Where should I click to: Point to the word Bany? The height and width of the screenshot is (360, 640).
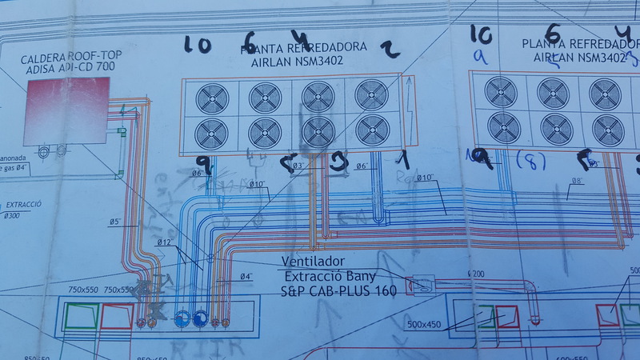coord(358,277)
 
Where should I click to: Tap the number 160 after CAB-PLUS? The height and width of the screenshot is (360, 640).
coord(382,291)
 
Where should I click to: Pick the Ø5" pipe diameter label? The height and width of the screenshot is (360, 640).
coord(115,222)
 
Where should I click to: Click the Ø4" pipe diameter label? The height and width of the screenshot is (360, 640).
coord(247,277)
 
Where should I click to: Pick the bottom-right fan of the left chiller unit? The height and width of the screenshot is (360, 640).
coord(371,129)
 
